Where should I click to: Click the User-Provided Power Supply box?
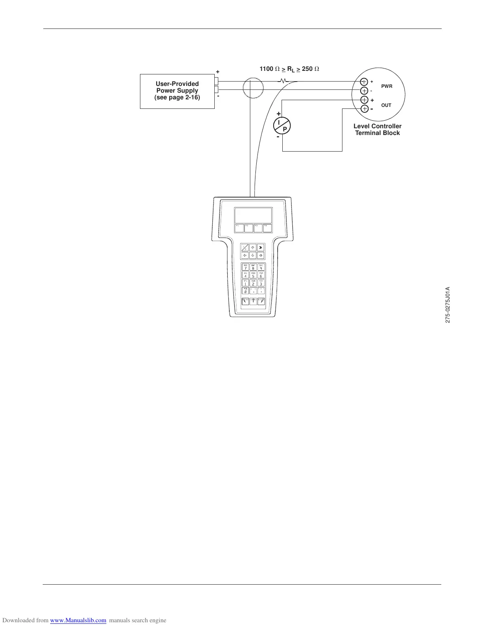177,91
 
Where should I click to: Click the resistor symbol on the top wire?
283,81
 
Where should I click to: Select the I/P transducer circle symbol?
282,125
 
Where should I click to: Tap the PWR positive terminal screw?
365,82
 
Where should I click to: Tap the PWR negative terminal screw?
365,91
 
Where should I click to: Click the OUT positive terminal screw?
365,100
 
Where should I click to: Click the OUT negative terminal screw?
365,109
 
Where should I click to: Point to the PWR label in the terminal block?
386,86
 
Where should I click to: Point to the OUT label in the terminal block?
386,105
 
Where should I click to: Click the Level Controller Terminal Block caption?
377,129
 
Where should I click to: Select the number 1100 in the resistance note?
266,69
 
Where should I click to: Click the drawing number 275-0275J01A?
448,304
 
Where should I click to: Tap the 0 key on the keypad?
245,291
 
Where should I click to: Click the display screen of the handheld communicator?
253,215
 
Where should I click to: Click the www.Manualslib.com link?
78,620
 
